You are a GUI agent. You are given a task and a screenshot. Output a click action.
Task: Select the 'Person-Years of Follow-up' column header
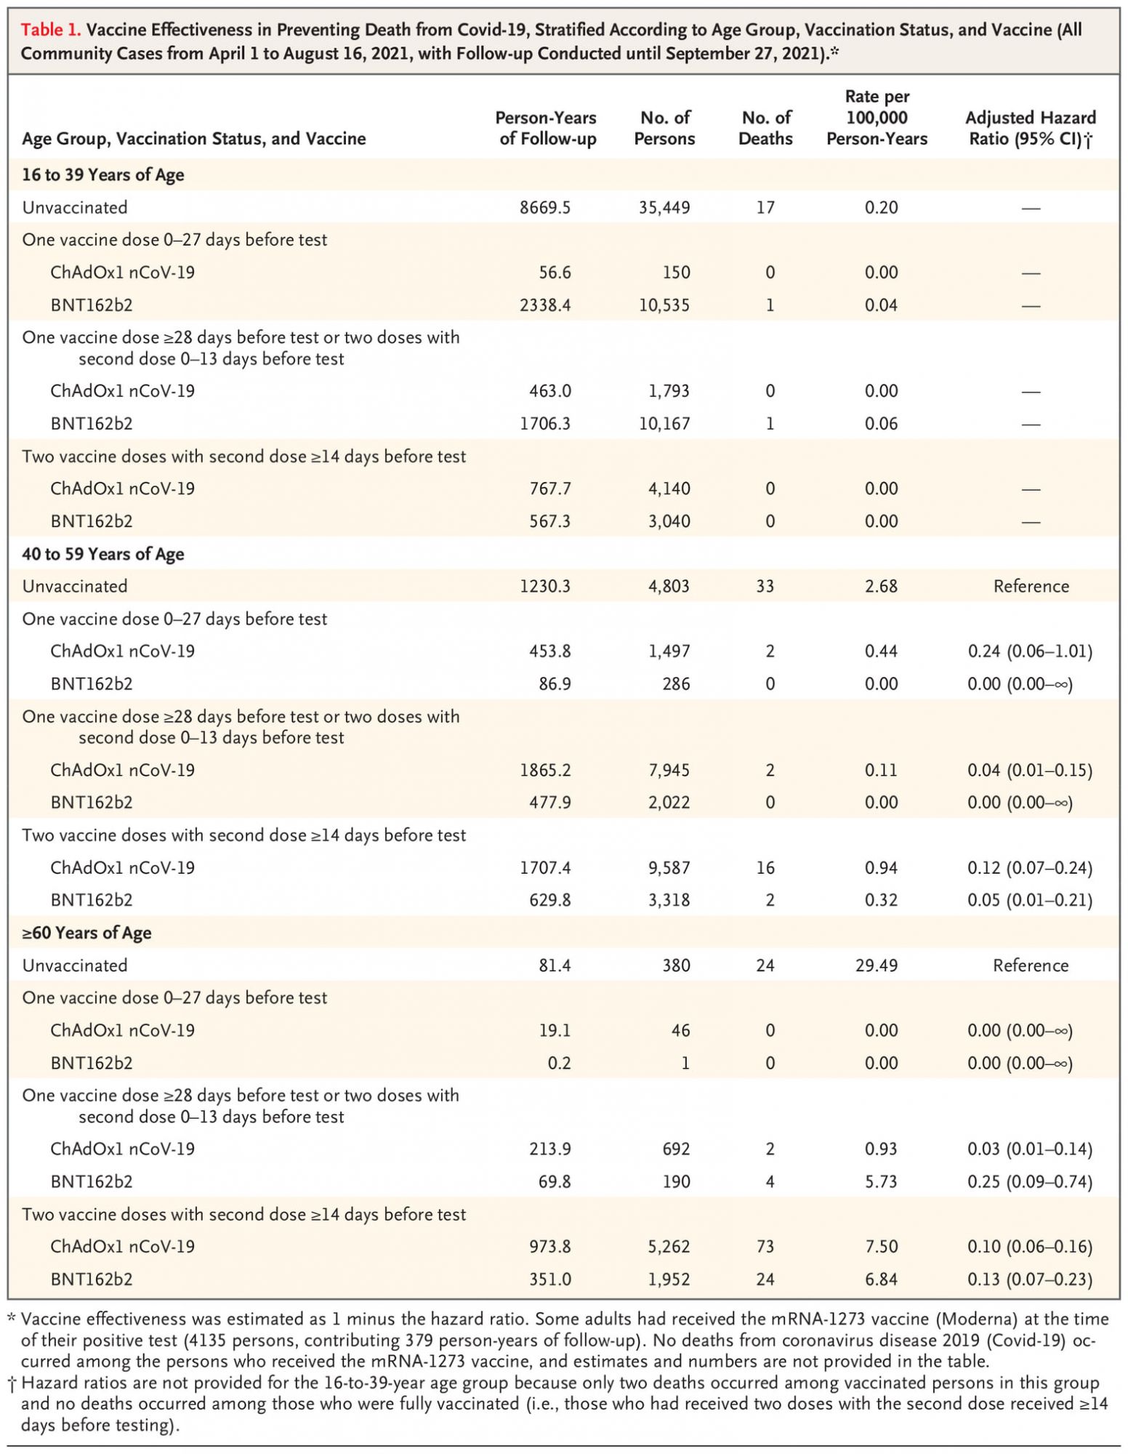pos(547,128)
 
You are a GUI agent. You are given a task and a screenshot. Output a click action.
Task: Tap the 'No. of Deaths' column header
pos(765,128)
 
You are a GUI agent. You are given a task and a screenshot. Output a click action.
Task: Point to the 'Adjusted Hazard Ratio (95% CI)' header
pos(1030,128)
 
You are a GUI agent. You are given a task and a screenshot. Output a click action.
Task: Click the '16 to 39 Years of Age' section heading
pos(103,175)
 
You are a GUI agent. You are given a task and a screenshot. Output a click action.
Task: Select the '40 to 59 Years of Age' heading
pos(103,554)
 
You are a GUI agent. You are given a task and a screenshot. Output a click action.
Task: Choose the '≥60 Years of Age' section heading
pos(87,933)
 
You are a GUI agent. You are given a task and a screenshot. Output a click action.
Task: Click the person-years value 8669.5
pos(545,208)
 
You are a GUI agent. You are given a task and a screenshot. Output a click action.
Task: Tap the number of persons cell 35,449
pos(664,208)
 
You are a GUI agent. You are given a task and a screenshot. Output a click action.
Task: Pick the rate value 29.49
pos(881,965)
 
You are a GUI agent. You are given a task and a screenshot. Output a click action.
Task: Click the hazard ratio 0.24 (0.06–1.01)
pos(1030,651)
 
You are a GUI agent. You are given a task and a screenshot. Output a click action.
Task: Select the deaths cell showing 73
pos(765,1247)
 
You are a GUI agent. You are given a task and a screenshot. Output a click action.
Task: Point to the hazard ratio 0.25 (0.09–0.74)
pos(1030,1182)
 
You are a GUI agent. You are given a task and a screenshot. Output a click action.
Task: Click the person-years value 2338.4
pos(545,305)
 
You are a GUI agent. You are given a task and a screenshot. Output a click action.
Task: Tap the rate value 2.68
pos(881,587)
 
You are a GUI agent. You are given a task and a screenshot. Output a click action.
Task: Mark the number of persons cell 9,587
pos(669,868)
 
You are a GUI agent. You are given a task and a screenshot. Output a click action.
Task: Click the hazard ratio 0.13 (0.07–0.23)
pos(1030,1280)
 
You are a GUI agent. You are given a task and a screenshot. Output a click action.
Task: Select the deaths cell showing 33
pos(765,587)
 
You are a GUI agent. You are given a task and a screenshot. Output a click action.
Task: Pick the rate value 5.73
pos(881,1182)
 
